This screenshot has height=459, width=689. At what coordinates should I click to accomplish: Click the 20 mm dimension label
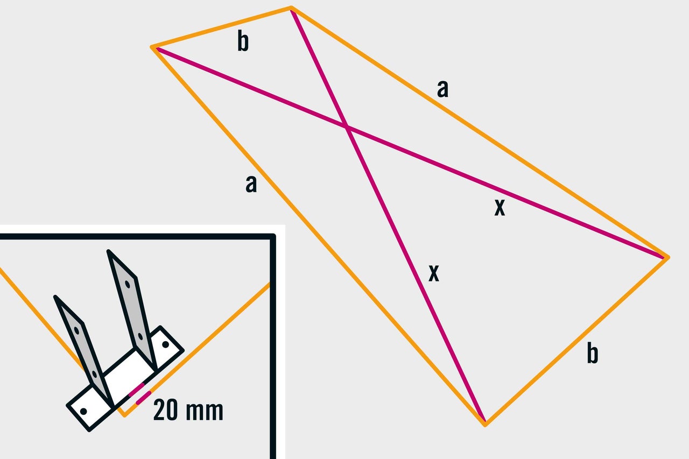click(188, 410)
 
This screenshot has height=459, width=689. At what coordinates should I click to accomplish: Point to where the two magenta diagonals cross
click(347, 126)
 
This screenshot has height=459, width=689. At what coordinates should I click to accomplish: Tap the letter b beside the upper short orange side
click(243, 41)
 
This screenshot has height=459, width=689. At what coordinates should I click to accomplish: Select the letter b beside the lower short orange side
click(593, 354)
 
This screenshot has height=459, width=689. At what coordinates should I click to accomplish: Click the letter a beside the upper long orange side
click(442, 89)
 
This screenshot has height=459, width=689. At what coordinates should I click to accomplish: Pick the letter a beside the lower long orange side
click(251, 184)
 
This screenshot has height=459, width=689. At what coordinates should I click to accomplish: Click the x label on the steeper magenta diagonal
click(434, 273)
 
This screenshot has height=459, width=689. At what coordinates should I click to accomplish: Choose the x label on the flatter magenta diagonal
click(500, 207)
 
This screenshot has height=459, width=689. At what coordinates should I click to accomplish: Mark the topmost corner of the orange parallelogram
click(291, 7)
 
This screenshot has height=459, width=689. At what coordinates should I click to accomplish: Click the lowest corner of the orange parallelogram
click(485, 425)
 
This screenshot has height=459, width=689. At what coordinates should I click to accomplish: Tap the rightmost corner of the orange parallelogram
click(668, 258)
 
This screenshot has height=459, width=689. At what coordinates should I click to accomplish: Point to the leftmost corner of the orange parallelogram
click(151, 47)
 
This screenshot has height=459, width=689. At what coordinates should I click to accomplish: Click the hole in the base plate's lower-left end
click(83, 411)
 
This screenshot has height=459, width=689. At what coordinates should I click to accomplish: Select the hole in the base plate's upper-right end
click(165, 344)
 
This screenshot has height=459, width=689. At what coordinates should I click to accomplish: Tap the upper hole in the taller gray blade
click(128, 284)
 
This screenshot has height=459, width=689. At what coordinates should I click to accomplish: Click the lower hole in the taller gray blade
click(140, 336)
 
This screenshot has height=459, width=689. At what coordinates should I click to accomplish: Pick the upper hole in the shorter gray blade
click(77, 331)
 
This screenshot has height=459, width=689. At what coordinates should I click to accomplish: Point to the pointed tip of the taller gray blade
click(108, 251)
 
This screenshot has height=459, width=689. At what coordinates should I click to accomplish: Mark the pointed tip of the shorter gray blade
click(55, 296)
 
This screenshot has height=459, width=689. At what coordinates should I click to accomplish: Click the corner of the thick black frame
click(272, 236)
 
